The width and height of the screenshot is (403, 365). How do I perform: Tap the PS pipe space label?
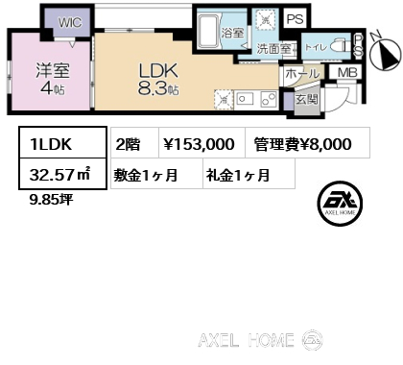click(295, 18)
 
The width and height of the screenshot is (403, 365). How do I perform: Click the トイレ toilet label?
click(315, 45)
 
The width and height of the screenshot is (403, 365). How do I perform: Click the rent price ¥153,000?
click(199, 144)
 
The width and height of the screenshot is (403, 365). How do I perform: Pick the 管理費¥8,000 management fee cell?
click(302, 144)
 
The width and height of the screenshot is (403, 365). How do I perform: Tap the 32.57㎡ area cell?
click(55, 175)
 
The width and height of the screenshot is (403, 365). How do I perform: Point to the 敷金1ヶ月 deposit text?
click(145, 175)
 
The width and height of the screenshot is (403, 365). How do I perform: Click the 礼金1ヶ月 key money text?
click(236, 175)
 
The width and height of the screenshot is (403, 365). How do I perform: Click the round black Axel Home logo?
click(341, 203)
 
